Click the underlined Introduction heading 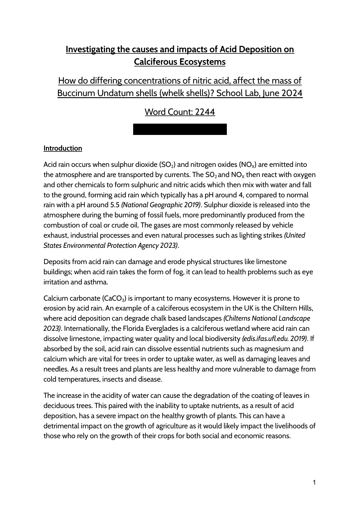tap(63, 148)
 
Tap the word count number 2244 tap(205, 112)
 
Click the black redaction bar tap(180, 129)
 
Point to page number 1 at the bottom tap(314, 483)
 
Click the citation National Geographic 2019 tap(161, 205)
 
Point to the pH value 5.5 tap(115, 205)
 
